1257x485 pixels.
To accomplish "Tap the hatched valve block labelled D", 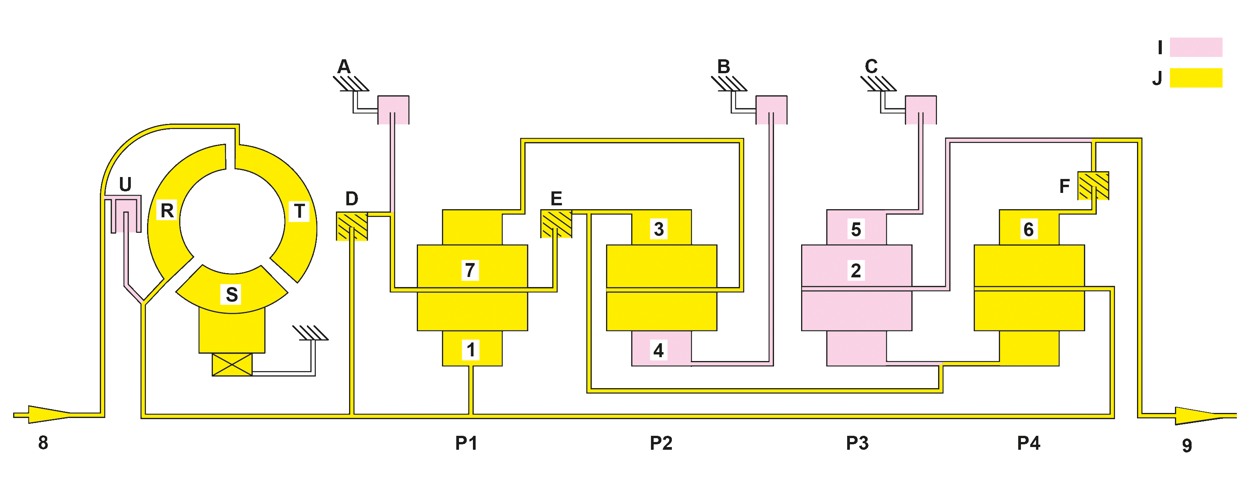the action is [x=352, y=226].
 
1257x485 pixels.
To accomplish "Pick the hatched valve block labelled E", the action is [x=556, y=224].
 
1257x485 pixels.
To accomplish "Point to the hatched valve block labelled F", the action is [x=1093, y=186].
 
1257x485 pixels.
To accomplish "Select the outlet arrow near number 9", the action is [x=1205, y=416].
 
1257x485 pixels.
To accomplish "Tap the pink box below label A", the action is [x=393, y=110].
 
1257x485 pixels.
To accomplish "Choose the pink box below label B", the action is [x=771, y=110].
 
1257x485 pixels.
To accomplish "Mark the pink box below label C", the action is [x=921, y=110].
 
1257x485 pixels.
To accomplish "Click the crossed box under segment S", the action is [x=232, y=365].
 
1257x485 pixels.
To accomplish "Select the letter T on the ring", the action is [x=299, y=211].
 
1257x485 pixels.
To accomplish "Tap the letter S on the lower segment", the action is [x=232, y=294].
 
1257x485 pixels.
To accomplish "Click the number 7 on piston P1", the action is [x=470, y=270].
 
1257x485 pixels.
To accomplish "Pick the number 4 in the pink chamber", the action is [x=658, y=350].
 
